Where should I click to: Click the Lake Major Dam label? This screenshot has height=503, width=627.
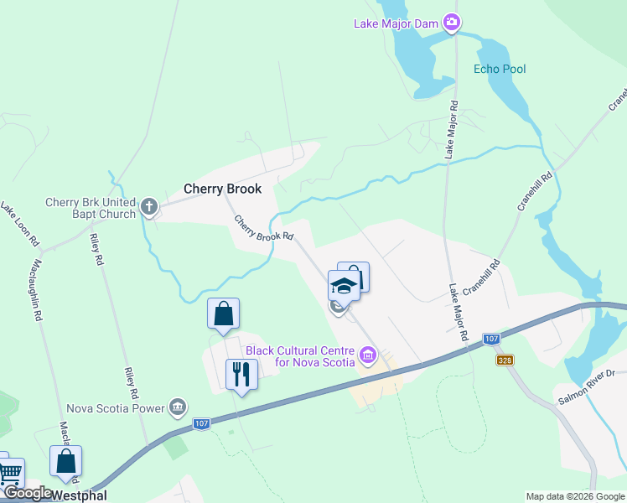click(x=396, y=23)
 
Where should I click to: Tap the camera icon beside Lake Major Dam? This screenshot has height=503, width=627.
click(x=452, y=23)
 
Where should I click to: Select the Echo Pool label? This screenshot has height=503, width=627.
click(x=500, y=69)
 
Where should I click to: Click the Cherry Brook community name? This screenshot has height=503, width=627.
click(x=223, y=189)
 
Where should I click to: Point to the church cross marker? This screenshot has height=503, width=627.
click(x=149, y=205)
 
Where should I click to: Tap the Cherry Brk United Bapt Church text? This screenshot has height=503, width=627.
click(x=91, y=208)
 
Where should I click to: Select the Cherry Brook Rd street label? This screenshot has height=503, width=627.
click(x=264, y=229)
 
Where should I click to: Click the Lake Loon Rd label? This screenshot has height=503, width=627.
click(x=20, y=224)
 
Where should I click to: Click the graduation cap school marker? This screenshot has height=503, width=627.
click(x=344, y=286)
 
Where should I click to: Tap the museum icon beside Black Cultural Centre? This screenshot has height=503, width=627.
click(x=367, y=356)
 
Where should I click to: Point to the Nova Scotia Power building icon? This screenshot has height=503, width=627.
click(x=177, y=407)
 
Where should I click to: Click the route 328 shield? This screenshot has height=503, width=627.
click(x=503, y=360)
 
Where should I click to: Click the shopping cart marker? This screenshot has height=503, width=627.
click(x=10, y=473)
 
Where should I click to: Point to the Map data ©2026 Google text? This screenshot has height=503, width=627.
click(x=575, y=496)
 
